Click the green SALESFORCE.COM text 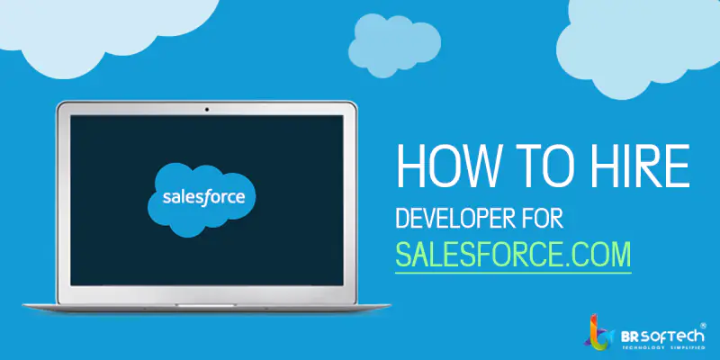point(513,254)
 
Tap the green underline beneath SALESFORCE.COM point(513,273)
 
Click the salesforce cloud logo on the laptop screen point(202,199)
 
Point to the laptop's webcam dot point(207,109)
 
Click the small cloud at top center point(394,44)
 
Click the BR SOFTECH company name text point(662,337)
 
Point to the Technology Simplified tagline point(663,348)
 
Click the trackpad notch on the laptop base point(206,305)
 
